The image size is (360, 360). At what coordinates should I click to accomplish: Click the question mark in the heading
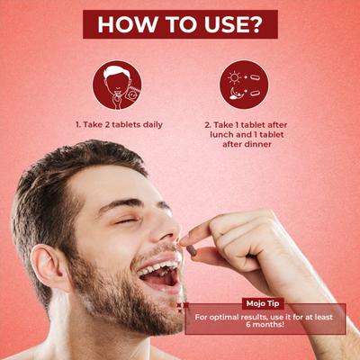point(252,24)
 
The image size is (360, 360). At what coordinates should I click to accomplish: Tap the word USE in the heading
point(221,24)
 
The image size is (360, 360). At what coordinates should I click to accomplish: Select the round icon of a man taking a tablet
point(117,85)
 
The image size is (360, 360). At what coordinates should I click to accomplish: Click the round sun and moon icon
point(244,85)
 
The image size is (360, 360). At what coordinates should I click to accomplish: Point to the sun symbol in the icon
point(234,77)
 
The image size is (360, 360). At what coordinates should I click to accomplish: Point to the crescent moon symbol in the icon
point(235,93)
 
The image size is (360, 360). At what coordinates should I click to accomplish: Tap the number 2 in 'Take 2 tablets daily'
point(107,124)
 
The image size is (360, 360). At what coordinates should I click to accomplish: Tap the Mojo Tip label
point(263,303)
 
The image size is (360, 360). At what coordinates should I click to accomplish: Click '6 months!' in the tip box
point(265,324)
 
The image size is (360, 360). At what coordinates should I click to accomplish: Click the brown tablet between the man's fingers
point(192,250)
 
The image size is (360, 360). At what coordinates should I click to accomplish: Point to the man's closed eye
point(124,221)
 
